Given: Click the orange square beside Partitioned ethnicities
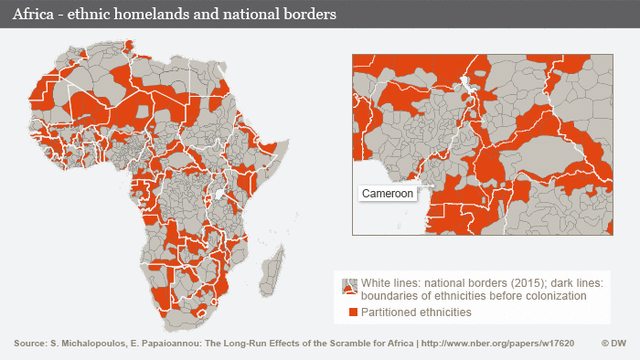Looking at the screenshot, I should [x=349, y=313].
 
